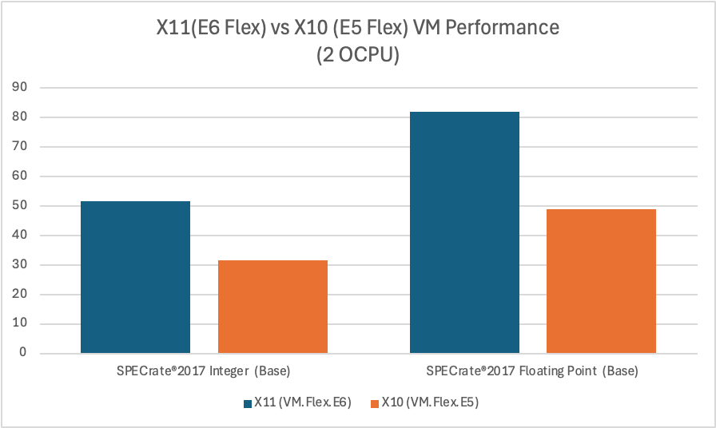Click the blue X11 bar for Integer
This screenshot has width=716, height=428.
point(136,277)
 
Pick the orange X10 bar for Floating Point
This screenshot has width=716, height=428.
point(601,281)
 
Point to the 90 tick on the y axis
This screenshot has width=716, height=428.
point(26,88)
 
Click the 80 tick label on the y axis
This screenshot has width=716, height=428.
point(26,117)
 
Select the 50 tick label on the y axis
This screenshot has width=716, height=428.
point(26,206)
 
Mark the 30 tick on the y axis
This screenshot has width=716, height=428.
point(26,265)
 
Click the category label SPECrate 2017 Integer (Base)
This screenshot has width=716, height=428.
point(204,372)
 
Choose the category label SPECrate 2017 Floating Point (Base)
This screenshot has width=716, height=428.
point(532,372)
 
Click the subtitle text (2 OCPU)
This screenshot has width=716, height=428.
point(357,57)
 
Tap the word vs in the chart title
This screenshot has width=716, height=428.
point(276,29)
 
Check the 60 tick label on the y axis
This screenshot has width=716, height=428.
point(26,176)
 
